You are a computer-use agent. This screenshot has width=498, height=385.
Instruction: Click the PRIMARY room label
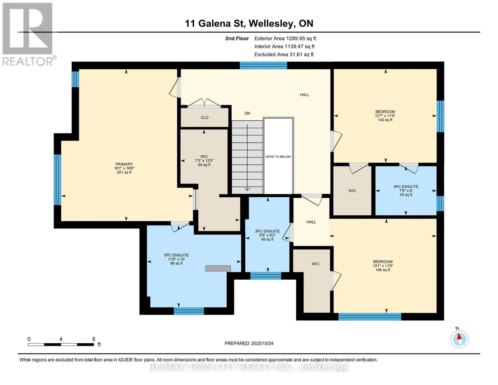click(124, 164)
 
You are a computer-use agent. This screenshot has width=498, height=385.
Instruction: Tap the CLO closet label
click(204, 117)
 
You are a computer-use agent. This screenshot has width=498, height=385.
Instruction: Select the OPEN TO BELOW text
click(278, 157)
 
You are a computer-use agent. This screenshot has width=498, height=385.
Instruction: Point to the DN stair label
click(247, 113)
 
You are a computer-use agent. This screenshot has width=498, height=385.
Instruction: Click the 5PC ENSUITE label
click(176, 255)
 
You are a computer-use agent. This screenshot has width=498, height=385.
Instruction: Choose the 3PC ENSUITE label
click(267, 231)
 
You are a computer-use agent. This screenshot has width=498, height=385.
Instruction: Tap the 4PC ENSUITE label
click(406, 186)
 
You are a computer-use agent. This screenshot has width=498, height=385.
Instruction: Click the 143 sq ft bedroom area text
click(385, 120)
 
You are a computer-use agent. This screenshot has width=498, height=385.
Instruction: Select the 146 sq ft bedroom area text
click(383, 270)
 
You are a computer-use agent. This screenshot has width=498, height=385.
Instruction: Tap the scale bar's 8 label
click(94, 339)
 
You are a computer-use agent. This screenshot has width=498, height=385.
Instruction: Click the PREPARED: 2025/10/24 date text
click(249, 343)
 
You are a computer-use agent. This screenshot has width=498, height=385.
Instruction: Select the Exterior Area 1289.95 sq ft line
click(285, 38)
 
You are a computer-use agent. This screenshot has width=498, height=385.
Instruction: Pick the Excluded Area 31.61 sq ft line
click(284, 55)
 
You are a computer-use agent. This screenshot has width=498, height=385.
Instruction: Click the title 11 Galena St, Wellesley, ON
click(249, 23)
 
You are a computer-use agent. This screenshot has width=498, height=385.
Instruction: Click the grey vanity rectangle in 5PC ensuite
click(218, 269)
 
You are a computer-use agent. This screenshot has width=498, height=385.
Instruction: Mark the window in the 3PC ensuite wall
click(266, 276)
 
